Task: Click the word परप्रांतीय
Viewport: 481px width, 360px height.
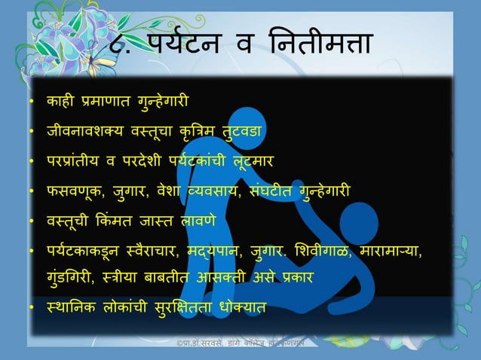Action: pyautogui.click(x=76, y=160)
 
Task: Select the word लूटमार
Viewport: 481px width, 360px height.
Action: pyautogui.click(x=255, y=160)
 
